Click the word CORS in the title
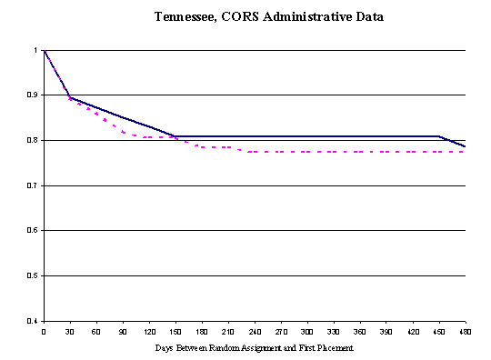[x=243, y=17]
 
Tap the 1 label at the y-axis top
[x=35, y=50]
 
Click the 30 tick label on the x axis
[x=70, y=332]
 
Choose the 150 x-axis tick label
[x=175, y=332]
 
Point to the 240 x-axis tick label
[x=255, y=332]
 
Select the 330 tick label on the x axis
[x=334, y=332]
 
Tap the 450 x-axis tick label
[x=439, y=332]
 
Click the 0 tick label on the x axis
[x=44, y=332]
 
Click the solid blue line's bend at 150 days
[x=175, y=136]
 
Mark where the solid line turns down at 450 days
[x=439, y=136]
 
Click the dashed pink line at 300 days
[x=307, y=152]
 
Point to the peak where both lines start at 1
[x=44, y=50]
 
